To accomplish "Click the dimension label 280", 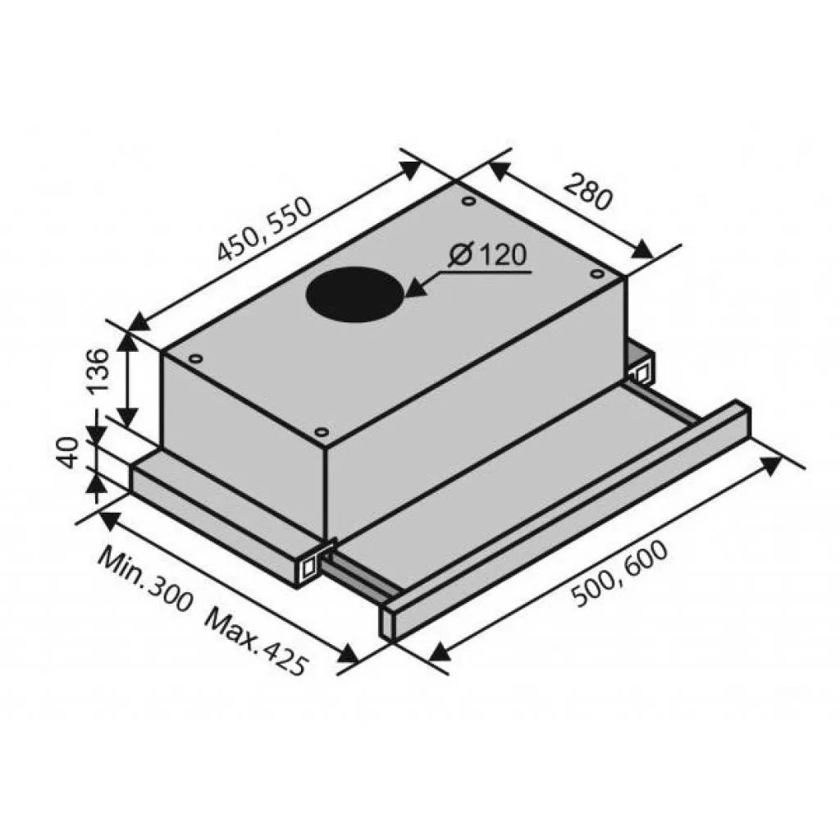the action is click(x=587, y=191).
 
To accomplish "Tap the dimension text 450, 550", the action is click(x=264, y=229).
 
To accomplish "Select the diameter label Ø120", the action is click(x=488, y=255).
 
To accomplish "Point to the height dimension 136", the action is click(x=97, y=371).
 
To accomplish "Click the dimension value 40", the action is click(x=69, y=453).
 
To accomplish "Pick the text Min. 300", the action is click(x=144, y=578).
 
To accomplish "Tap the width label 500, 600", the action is click(x=620, y=574).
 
